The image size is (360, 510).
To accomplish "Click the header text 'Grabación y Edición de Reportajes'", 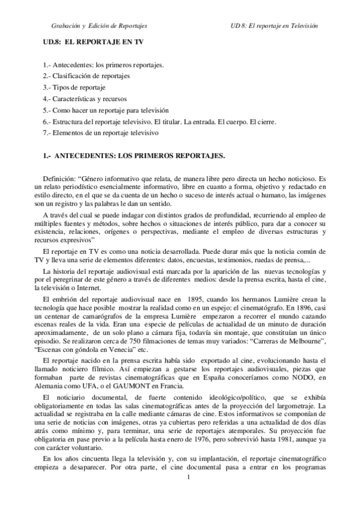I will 99,26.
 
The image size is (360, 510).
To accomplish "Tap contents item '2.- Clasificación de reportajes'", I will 87,76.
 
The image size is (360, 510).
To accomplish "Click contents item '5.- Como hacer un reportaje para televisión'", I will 106,110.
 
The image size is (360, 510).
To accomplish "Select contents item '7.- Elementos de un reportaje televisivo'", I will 100,133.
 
